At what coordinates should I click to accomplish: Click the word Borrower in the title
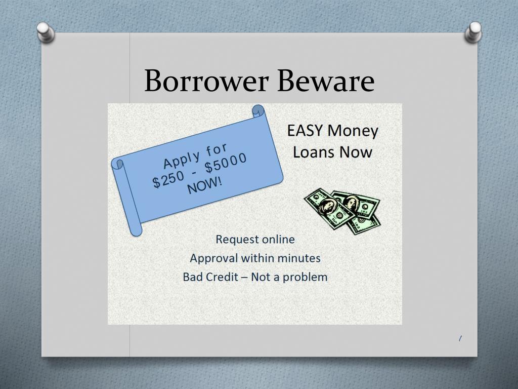coord(204,81)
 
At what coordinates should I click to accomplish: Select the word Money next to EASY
coord(353,131)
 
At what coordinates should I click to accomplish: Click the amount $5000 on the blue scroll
coord(227,162)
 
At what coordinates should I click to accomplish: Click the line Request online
coord(255,239)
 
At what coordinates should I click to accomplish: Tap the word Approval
coord(213,258)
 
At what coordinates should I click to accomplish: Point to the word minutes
coord(298,258)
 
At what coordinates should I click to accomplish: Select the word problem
coord(305,278)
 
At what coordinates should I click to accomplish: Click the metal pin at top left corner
coord(46,31)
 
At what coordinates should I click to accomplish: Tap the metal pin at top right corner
coord(473,31)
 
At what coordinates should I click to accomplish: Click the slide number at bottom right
coord(460,338)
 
